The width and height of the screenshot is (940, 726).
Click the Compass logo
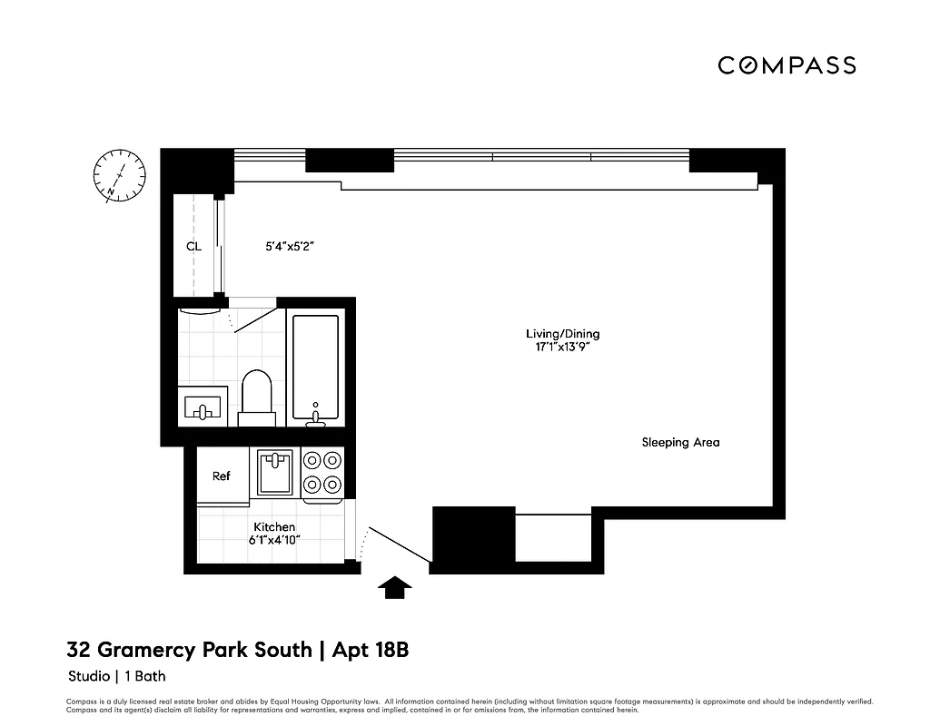tap(787, 65)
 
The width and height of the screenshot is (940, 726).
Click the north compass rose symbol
tap(119, 174)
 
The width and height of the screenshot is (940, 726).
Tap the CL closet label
tap(193, 246)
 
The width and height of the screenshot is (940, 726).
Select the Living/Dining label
tap(563, 334)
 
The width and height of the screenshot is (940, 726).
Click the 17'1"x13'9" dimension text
tap(563, 347)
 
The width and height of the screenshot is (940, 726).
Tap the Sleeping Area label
tap(680, 443)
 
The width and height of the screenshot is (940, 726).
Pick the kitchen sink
tap(274, 472)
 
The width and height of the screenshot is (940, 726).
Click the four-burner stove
tap(322, 472)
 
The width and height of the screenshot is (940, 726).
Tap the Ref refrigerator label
tap(222, 476)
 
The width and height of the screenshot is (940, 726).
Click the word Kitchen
tap(274, 527)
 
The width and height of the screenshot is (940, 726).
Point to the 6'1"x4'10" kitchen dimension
tap(274, 540)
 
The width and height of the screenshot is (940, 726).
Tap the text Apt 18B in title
tap(371, 650)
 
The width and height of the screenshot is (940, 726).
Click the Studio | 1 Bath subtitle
tap(117, 676)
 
